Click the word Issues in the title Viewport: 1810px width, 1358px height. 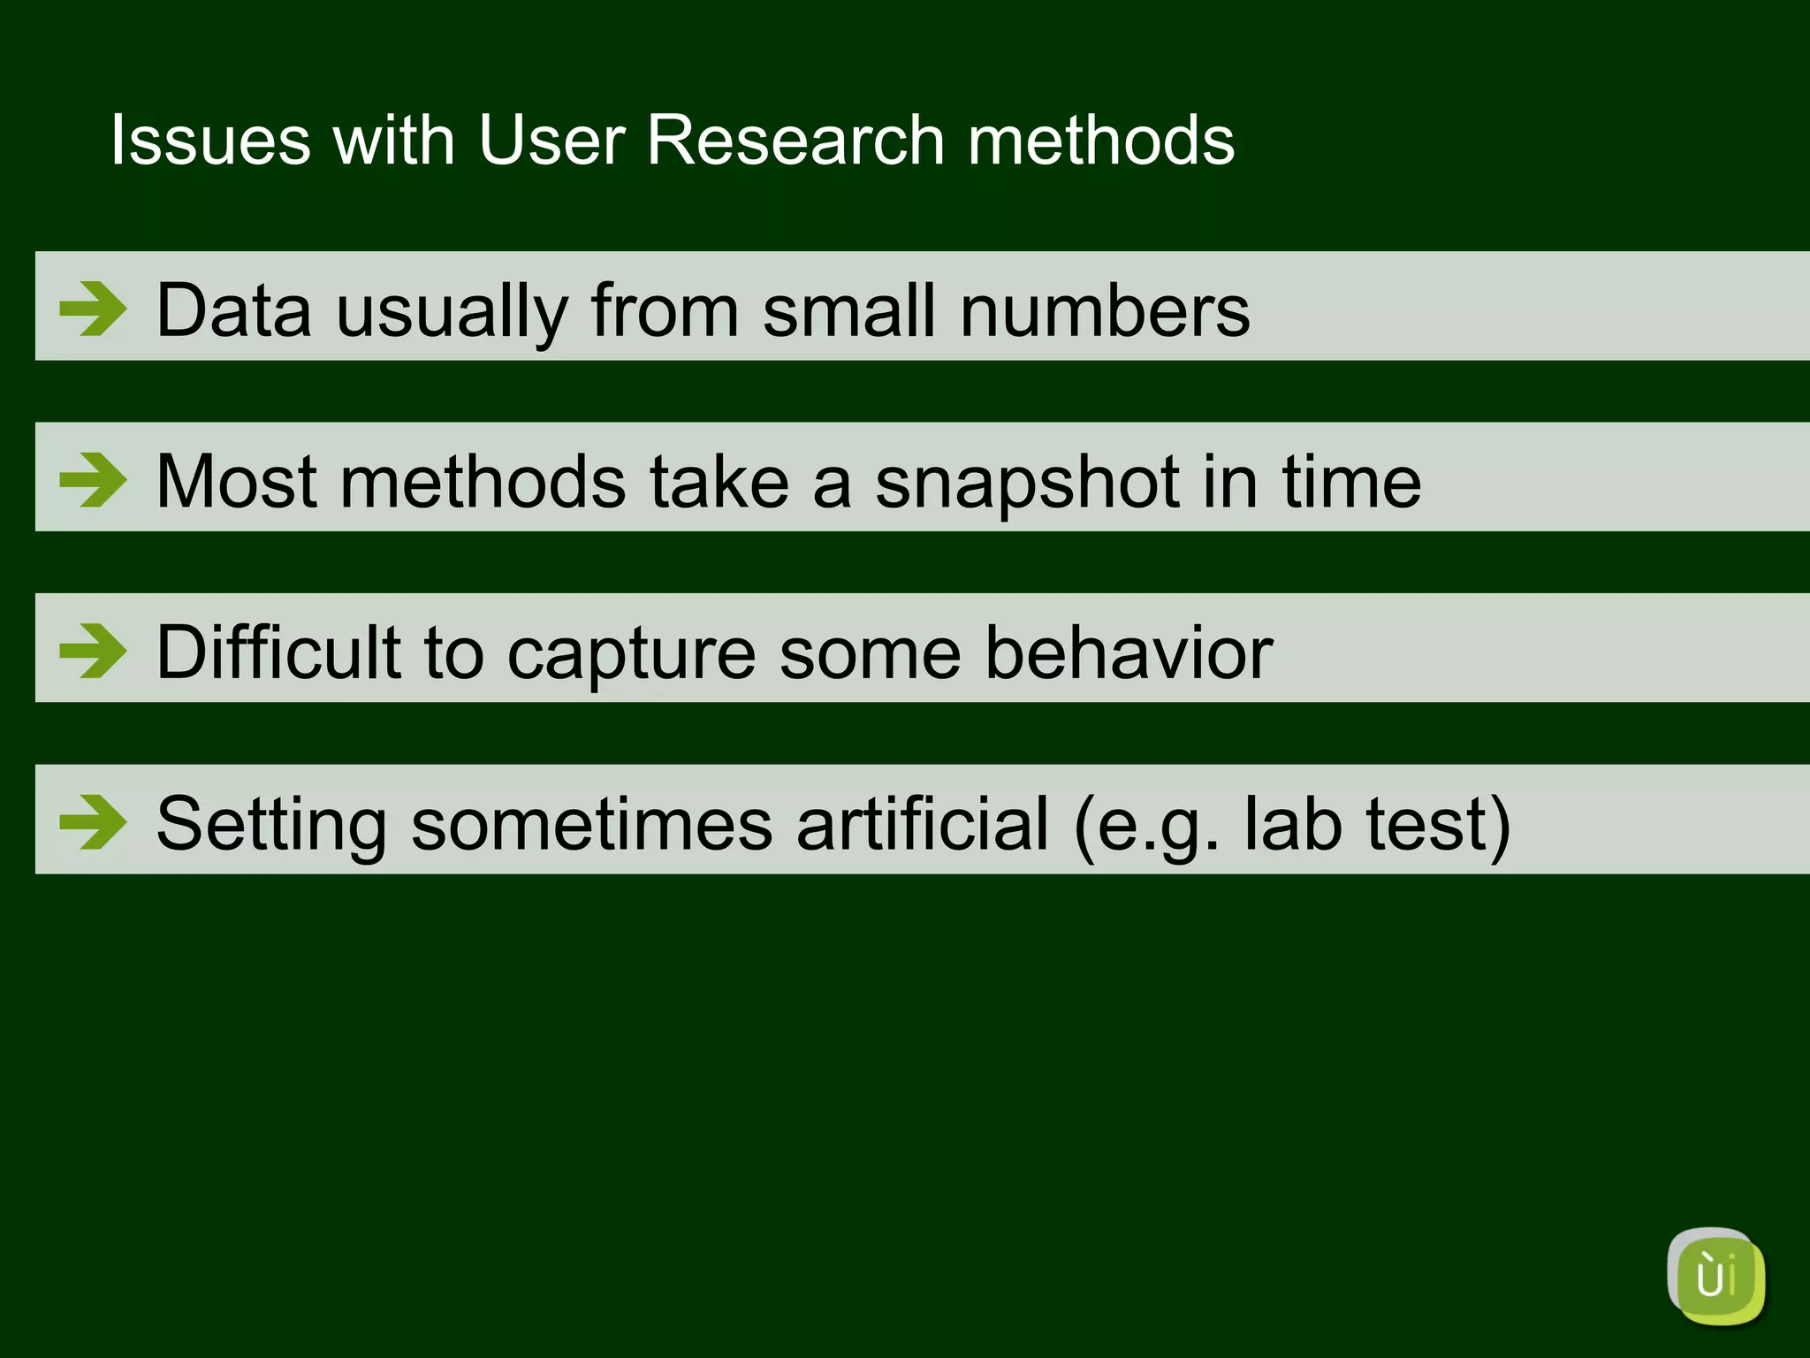[x=210, y=141]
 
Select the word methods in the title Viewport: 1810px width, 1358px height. [x=1100, y=141]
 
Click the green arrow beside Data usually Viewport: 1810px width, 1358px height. [x=93, y=309]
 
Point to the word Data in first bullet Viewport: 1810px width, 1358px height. [x=234, y=310]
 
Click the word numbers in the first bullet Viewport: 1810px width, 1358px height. [x=1105, y=310]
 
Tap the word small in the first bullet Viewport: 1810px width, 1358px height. [x=848, y=310]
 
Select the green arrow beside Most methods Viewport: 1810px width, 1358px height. [x=93, y=480]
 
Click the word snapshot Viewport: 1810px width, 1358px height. [x=1028, y=484]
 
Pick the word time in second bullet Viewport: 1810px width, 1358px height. [x=1351, y=482]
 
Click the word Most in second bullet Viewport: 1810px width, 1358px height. [x=236, y=482]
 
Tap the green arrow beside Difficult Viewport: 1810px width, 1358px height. [x=93, y=651]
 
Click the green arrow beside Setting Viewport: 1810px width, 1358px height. [x=93, y=822]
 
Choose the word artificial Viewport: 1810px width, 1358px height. [x=923, y=824]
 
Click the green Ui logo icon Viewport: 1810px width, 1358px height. [x=1715, y=1276]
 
